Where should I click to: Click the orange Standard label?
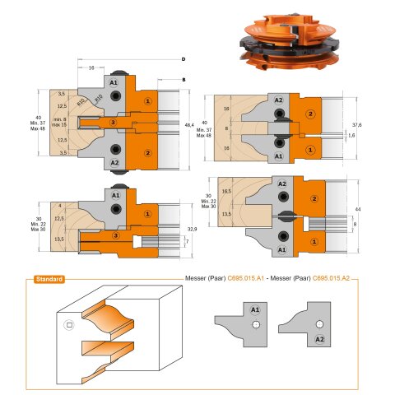(50, 279)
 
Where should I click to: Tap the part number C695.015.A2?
(335, 279)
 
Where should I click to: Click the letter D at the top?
(183, 60)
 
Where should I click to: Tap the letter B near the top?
(183, 79)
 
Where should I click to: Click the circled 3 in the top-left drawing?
(113, 122)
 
